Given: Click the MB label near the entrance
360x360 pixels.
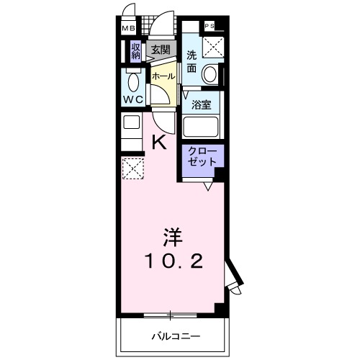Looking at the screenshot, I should coord(127,29).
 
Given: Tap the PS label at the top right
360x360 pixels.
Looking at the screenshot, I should coord(210,27).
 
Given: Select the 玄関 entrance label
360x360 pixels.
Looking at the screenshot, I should coord(161,50).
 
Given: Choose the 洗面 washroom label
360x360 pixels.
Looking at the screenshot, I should coord(192,62).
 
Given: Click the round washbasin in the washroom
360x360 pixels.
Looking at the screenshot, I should coord(211,73).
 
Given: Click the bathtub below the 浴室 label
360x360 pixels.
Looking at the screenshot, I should coord(203,127).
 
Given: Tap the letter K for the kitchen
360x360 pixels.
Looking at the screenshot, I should coord(159,142).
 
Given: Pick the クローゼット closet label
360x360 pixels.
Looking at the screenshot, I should coord(202,157).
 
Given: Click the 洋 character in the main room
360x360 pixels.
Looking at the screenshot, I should coord(170,236).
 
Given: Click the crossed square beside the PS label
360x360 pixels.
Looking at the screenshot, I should coord(214,47).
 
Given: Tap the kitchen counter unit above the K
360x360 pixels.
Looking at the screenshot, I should coord(132,130).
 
